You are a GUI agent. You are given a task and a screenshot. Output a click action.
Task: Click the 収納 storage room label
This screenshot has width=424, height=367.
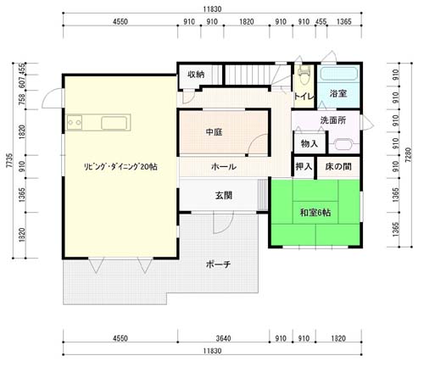pyautogui.click(x=196, y=75)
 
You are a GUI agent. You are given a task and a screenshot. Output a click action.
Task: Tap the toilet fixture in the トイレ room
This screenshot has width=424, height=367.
pyautogui.click(x=304, y=75)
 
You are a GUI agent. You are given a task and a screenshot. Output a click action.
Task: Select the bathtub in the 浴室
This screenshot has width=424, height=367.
pyautogui.click(x=338, y=74)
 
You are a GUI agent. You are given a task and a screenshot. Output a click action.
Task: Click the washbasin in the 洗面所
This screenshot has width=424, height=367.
pyautogui.click(x=343, y=144)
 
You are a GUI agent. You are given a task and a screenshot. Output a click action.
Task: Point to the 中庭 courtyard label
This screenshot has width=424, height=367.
pyautogui.click(x=214, y=132)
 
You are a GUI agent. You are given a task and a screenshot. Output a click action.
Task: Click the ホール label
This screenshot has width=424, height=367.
pyautogui.click(x=224, y=167)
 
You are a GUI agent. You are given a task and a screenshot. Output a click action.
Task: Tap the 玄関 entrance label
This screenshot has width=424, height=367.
pyautogui.click(x=224, y=195)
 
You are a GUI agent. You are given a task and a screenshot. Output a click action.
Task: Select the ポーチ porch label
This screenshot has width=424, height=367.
pyautogui.click(x=218, y=264)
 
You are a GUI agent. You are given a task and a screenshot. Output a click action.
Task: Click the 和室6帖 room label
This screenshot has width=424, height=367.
pyautogui.click(x=315, y=212)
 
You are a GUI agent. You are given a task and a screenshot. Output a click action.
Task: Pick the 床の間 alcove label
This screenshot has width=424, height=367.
pyautogui.click(x=338, y=167)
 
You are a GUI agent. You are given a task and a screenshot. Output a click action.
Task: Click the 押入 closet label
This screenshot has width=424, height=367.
pyautogui.click(x=304, y=166)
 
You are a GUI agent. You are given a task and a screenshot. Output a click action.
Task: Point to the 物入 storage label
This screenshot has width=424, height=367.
pyautogui.click(x=310, y=143)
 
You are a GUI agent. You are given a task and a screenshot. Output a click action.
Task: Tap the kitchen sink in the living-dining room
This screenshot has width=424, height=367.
pyautogui.click(x=114, y=123)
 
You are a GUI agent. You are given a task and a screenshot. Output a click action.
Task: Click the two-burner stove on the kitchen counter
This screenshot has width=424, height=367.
pyautogui.click(x=75, y=122)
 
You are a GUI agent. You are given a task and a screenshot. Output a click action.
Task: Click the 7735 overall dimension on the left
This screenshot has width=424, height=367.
pyautogui.click(x=9, y=160)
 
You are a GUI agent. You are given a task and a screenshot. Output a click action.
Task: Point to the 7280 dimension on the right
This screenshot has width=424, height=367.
pyautogui.click(x=408, y=155)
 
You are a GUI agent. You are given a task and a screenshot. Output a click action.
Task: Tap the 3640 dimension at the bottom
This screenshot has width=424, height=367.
pyautogui.click(x=223, y=338)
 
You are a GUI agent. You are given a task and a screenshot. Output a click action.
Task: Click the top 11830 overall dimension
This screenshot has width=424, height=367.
pyautogui.click(x=212, y=9)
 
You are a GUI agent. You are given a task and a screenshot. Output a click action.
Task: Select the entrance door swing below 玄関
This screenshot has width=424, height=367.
pyautogui.click(x=223, y=223)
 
